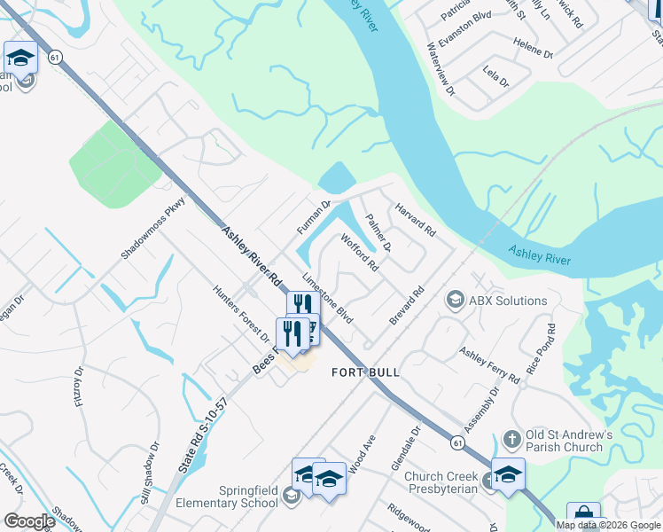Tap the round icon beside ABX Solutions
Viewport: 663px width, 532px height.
click(x=456, y=300)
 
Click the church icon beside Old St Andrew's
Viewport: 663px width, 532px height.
click(x=511, y=439)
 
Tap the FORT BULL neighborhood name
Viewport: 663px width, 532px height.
click(x=365, y=372)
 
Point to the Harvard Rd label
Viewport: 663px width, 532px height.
click(x=416, y=219)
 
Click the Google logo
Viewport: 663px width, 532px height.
click(x=29, y=521)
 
